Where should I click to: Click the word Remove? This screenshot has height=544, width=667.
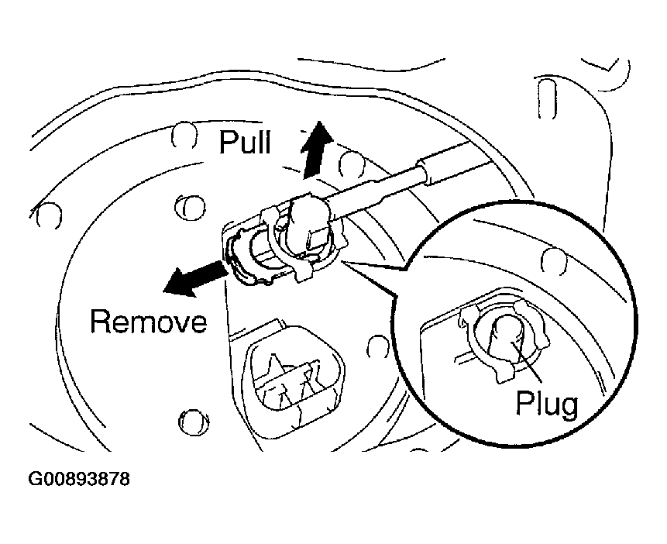[x=149, y=320]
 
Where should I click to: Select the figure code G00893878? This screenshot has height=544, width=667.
[x=79, y=480]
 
